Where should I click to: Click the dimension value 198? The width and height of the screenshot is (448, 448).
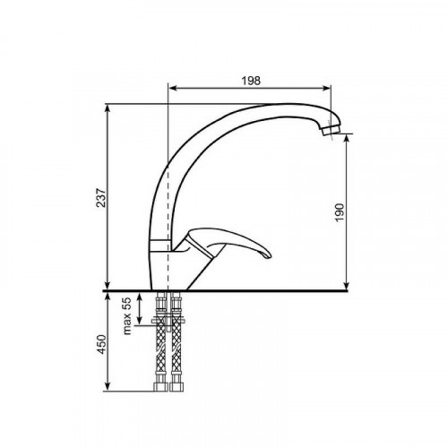[251, 81]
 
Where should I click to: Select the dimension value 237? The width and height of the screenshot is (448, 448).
[101, 198]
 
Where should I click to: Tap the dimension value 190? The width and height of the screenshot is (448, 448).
[340, 212]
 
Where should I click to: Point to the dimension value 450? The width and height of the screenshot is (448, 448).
[102, 344]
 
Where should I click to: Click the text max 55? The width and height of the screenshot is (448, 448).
[127, 315]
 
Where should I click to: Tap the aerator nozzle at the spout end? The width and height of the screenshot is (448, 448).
[331, 130]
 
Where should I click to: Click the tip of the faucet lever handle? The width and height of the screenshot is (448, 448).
[270, 255]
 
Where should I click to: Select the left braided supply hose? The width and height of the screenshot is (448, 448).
[161, 341]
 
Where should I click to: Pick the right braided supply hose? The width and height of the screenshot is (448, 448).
[177, 341]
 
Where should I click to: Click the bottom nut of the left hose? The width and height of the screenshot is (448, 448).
[160, 387]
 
